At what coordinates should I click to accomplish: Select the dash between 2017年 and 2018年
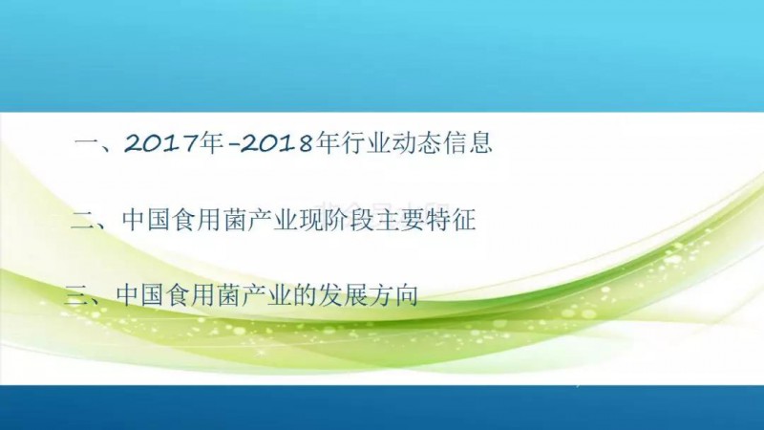pos(233,145)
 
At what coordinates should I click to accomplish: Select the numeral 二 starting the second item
pos(84,221)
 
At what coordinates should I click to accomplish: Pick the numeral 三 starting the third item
pos(77,295)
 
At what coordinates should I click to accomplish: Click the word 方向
pos(393,295)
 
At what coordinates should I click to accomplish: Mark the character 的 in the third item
pos(305,295)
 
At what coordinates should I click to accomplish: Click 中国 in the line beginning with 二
pos(146,220)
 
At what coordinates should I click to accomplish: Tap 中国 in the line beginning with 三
pos(139,295)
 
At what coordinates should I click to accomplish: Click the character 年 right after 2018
pos(328,142)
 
